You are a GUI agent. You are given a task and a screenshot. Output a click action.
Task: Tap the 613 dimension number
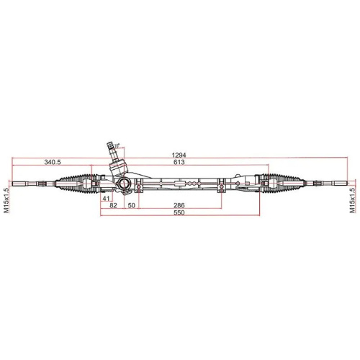point(179,163)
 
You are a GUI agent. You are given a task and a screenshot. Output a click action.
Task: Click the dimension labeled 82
point(112,206)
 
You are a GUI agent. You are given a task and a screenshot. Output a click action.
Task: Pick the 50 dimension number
point(132,206)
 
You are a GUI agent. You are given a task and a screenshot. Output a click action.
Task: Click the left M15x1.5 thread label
point(6,197)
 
